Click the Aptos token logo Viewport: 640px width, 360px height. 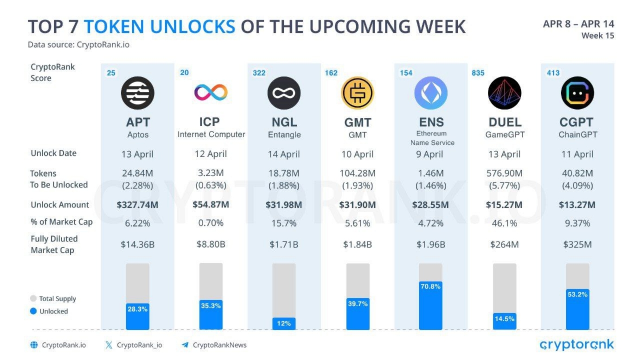click(x=138, y=93)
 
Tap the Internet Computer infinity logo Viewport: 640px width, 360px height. click(x=211, y=93)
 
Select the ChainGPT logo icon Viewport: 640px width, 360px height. click(x=577, y=93)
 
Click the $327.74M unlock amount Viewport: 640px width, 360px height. click(x=138, y=205)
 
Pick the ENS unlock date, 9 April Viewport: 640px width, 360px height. click(x=430, y=154)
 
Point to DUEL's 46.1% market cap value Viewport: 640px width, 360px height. click(x=504, y=223)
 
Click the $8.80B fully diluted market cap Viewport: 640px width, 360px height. click(x=211, y=244)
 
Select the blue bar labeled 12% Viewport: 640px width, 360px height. click(x=284, y=323)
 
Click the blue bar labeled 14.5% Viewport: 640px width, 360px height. click(x=505, y=321)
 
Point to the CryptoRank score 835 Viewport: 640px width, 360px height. click(x=478, y=73)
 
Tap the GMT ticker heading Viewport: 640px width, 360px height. click(x=358, y=122)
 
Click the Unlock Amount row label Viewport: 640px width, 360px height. click(x=60, y=205)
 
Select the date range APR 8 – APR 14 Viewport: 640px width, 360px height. click(x=578, y=24)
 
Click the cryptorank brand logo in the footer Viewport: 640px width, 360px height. click(x=576, y=345)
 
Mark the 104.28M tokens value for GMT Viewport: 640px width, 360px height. click(x=358, y=174)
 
